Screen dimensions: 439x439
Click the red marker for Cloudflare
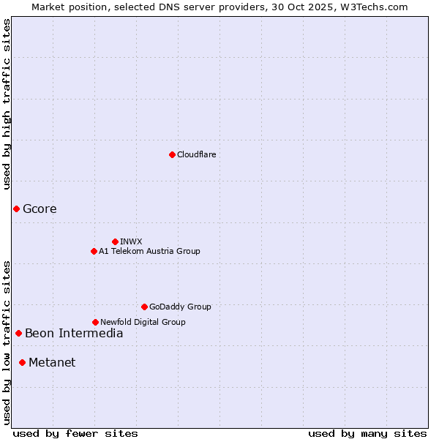pyautogui.click(x=172, y=154)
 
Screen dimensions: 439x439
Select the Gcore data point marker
pyautogui.click(x=16, y=209)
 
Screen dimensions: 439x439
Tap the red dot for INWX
pyautogui.click(x=115, y=241)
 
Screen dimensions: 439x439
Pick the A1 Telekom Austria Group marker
pyautogui.click(x=94, y=251)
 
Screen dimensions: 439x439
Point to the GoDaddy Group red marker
pyautogui.click(x=144, y=307)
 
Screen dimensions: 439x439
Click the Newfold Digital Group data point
pyautogui.click(x=95, y=322)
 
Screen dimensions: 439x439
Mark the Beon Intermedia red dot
pyautogui.click(x=18, y=334)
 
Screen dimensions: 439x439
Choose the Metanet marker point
pyautogui.click(x=22, y=362)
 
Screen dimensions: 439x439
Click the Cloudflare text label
pyautogui.click(x=196, y=154)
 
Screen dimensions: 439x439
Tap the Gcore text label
pyautogui.click(x=40, y=209)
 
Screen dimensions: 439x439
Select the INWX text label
pyautogui.click(x=131, y=241)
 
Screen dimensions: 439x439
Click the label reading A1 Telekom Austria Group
pyautogui.click(x=149, y=251)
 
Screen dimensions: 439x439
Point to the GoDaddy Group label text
pyautogui.click(x=180, y=307)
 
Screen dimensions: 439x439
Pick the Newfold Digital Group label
pyautogui.click(x=143, y=322)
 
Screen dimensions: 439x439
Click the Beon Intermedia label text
pyautogui.click(x=74, y=334)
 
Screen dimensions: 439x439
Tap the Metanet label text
pyautogui.click(x=52, y=362)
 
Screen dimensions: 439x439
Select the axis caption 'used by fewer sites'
pyautogui.click(x=75, y=433)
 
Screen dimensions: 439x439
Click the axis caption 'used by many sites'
pyautogui.click(x=367, y=433)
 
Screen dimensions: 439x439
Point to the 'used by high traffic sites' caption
pyautogui.click(x=7, y=104)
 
